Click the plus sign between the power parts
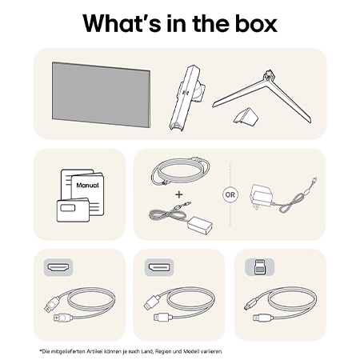178,194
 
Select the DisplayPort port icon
157,266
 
